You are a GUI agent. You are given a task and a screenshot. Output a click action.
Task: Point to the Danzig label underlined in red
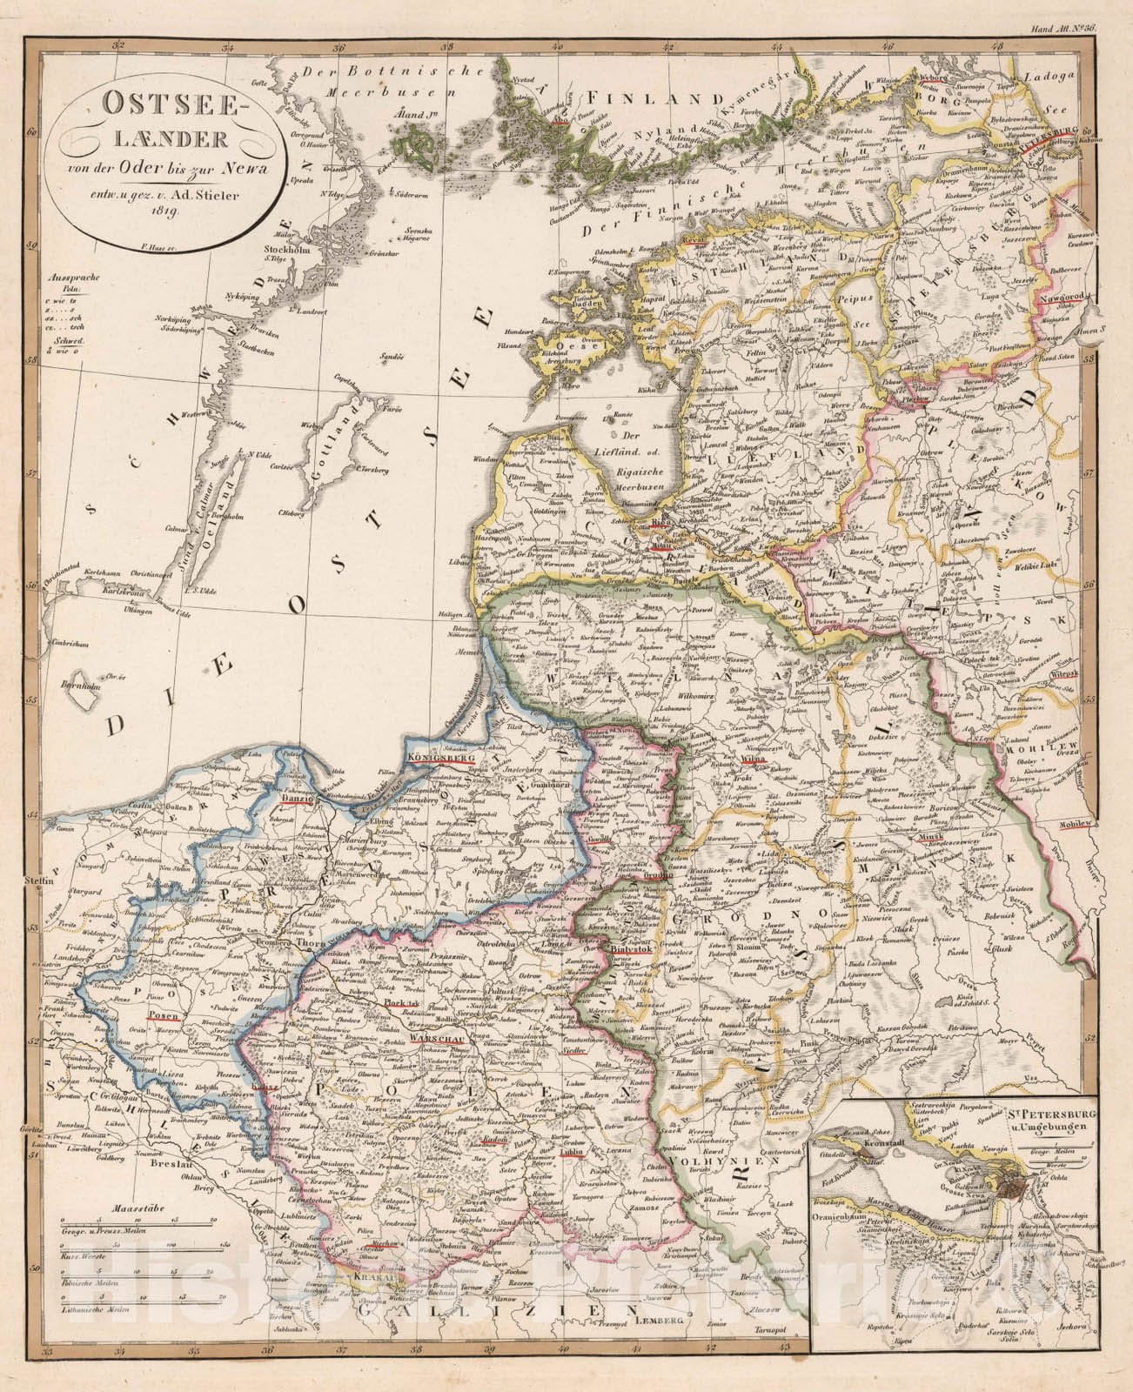click(x=297, y=794)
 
